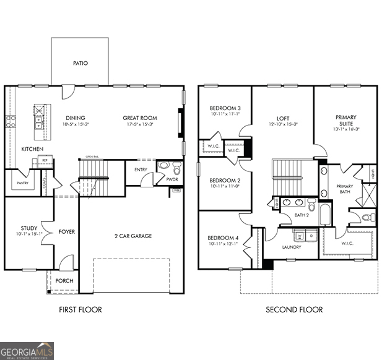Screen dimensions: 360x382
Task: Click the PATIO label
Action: coord(80,63)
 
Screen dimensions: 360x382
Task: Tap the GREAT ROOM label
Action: coord(139,118)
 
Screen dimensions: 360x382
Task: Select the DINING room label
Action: coord(76,118)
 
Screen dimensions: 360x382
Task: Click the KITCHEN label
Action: coord(32,149)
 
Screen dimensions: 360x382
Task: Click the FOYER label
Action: coord(66,232)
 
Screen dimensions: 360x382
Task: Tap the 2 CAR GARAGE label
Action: coord(132,236)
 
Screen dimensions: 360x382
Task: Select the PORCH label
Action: coord(64,280)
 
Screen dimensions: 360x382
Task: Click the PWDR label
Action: coord(172,179)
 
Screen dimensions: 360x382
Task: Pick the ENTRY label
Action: coord(141,169)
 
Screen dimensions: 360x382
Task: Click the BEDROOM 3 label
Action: coord(224,108)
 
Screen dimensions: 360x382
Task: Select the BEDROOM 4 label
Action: coord(223,238)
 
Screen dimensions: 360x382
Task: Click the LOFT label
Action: coord(282,118)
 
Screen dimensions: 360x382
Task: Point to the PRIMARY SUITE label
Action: coord(345,120)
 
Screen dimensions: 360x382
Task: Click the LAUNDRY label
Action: coord(291,247)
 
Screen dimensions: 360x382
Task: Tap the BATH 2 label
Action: coord(302,215)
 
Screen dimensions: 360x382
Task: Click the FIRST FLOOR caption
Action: coord(80,309)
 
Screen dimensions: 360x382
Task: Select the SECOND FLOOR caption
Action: coord(294,309)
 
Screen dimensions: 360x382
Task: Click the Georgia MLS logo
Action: coord(27,350)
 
